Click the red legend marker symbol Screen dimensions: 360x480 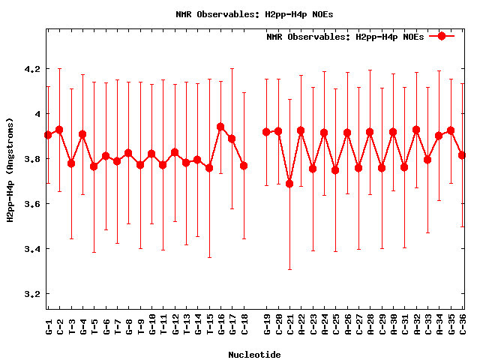pos(442,36)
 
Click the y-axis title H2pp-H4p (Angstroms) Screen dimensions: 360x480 pos(10,169)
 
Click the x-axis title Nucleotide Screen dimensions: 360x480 pos(255,355)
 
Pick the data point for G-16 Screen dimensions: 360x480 pos(220,127)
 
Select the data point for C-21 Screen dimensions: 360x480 pos(289,184)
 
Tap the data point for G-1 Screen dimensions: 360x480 pos(48,135)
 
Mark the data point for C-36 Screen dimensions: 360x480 pos(462,155)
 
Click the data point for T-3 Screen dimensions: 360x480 pos(71,163)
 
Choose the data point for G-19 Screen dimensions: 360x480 pos(266,132)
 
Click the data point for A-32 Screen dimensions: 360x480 pos(416,130)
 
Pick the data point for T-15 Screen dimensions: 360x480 pos(209,168)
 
